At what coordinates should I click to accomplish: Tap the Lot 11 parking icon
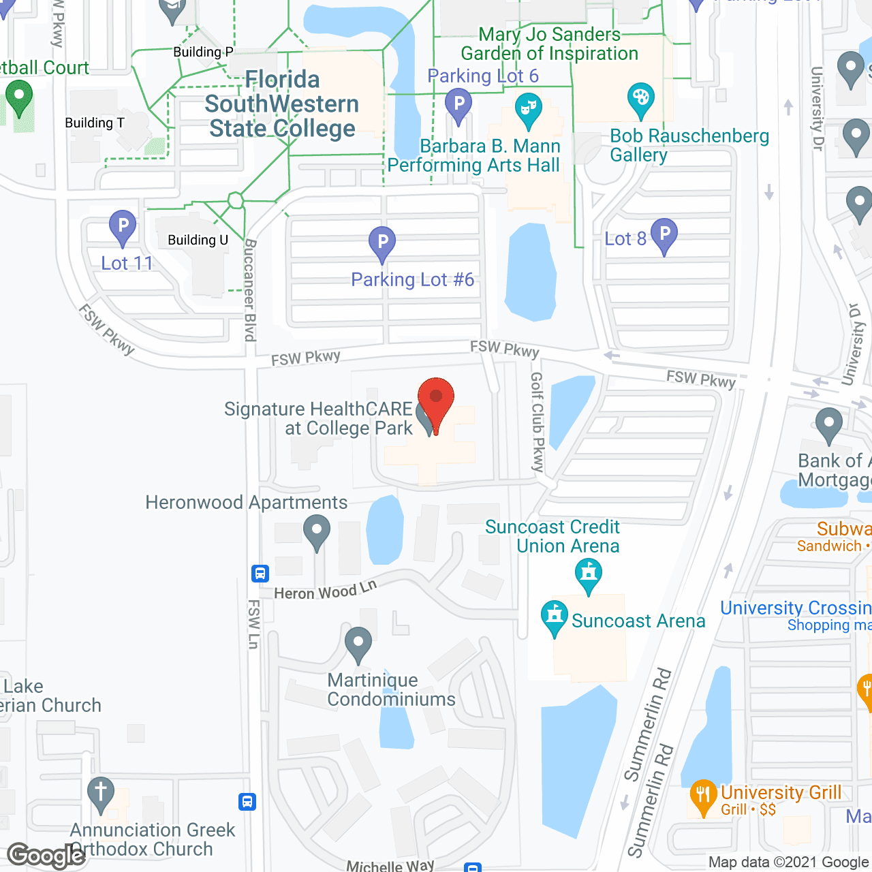click(x=123, y=226)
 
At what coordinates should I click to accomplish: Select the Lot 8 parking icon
click(x=664, y=234)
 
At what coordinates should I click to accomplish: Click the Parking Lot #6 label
click(x=412, y=279)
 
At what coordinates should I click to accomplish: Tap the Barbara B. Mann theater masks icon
click(x=528, y=110)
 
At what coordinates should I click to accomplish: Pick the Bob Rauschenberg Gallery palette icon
click(x=640, y=99)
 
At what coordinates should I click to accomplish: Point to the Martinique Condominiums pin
click(x=358, y=643)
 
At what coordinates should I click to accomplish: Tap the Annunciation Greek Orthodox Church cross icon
click(x=101, y=793)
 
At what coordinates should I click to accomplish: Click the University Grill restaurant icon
click(x=703, y=795)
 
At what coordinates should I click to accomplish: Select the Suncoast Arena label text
click(x=638, y=621)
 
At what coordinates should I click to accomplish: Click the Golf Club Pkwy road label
click(x=538, y=422)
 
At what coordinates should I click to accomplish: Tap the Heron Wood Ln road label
click(x=325, y=591)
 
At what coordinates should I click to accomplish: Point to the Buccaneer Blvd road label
click(x=250, y=290)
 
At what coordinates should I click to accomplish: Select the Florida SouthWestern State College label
click(x=282, y=104)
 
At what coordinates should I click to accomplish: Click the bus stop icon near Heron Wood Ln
click(x=260, y=573)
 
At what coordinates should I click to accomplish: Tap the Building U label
click(x=198, y=240)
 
